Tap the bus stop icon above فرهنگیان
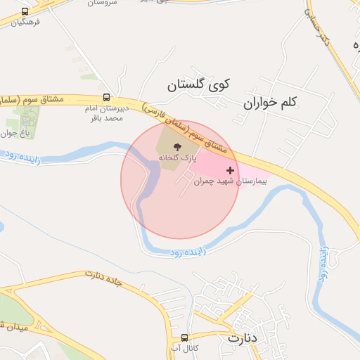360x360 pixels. pyautogui.click(x=26, y=12)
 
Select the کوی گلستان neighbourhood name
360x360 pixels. pyautogui.click(x=199, y=86)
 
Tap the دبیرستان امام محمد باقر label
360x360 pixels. pyautogui.click(x=105, y=114)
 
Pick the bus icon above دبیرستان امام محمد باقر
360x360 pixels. pyautogui.click(x=106, y=98)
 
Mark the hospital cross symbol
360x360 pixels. pyautogui.click(x=230, y=170)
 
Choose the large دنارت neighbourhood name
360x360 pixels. pyautogui.click(x=244, y=338)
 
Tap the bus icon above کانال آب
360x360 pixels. pyautogui.click(x=185, y=337)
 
